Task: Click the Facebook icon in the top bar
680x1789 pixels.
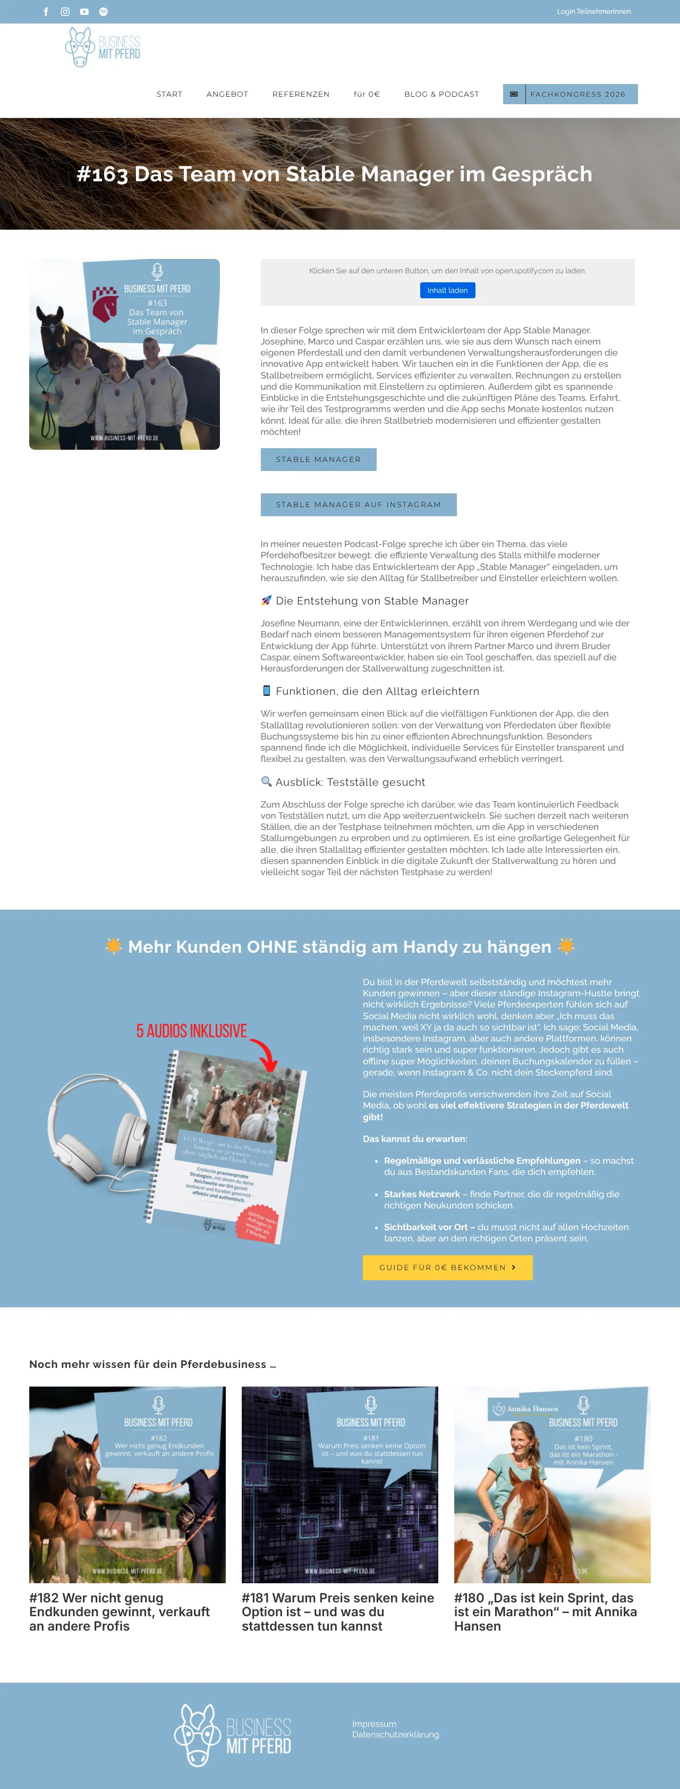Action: click(46, 12)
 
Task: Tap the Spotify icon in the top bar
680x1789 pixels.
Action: click(104, 12)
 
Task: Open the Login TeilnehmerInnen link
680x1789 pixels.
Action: click(593, 12)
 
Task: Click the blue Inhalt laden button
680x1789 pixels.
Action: click(447, 290)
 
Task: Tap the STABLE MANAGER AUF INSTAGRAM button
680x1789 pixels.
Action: click(358, 505)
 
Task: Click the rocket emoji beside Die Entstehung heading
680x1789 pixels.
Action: click(266, 601)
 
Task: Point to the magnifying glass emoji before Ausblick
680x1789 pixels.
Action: click(266, 782)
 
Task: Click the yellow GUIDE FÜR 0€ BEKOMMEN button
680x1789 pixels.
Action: click(447, 1267)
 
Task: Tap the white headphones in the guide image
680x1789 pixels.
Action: click(97, 1129)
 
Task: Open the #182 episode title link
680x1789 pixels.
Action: click(120, 1612)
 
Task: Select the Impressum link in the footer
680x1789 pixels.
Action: click(373, 1724)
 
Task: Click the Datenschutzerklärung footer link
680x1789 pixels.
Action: click(395, 1734)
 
